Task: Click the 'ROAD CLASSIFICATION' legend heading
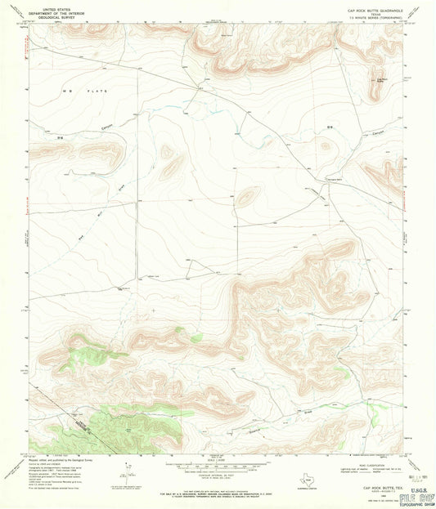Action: (x=369, y=462)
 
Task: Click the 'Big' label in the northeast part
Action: (x=330, y=127)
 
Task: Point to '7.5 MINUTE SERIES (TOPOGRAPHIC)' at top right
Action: (x=372, y=16)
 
